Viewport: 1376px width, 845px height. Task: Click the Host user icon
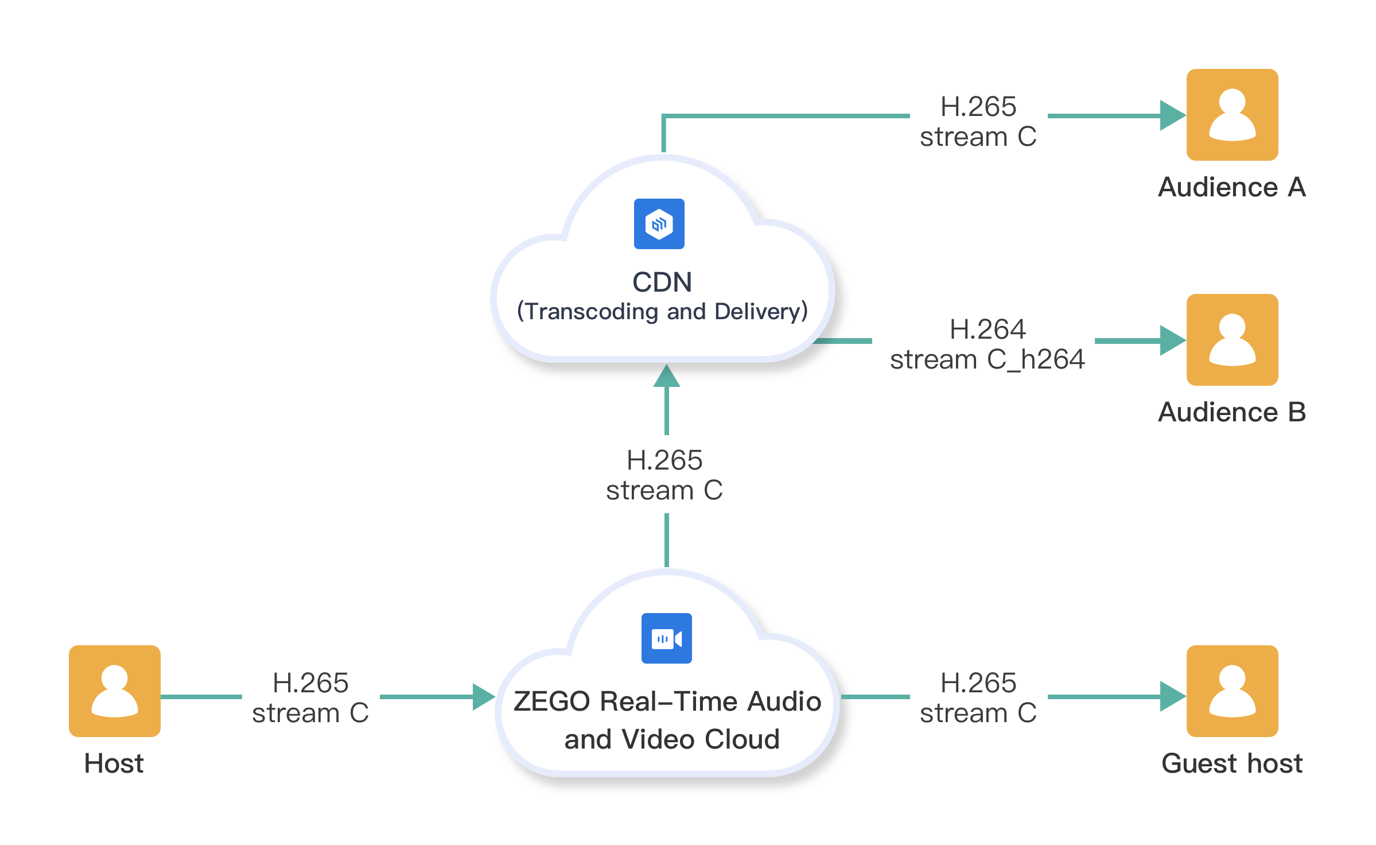[x=114, y=691]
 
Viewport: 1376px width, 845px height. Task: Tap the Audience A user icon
[x=1232, y=115]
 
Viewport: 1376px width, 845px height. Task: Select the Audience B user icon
[x=1232, y=340]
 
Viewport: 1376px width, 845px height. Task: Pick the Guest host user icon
[x=1232, y=691]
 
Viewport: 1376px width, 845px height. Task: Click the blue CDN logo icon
[x=659, y=224]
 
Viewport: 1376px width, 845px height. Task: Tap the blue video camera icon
[x=666, y=638]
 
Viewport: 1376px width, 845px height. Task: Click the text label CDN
[x=662, y=282]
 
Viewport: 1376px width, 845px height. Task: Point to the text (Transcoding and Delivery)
[x=662, y=312]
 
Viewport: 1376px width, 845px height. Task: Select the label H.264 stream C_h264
[x=987, y=344]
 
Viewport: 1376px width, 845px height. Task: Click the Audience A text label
[x=1232, y=187]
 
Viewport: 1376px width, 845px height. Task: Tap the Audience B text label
[x=1232, y=412]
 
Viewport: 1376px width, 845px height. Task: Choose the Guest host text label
[x=1232, y=763]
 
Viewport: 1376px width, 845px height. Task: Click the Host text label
[x=114, y=763]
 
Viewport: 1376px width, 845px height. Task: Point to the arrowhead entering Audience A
[x=1172, y=115]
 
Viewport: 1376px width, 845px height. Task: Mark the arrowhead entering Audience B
[x=1172, y=340]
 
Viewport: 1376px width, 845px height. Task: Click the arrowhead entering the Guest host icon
[x=1172, y=696]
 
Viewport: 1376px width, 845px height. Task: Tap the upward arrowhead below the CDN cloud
[x=666, y=376]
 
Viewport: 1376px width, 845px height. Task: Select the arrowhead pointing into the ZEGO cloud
[x=484, y=696]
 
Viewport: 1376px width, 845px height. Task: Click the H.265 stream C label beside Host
[x=310, y=698]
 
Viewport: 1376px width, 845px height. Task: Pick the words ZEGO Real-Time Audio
[x=667, y=701]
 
